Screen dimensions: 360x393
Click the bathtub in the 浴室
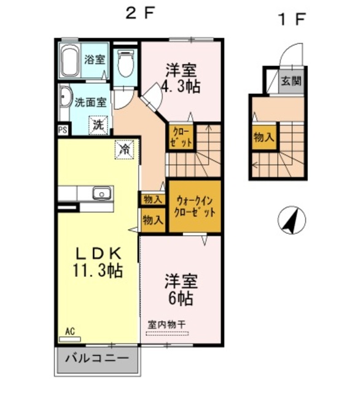pos(69,61)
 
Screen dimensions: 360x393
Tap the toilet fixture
pos(125,63)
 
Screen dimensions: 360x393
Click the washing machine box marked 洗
pos(99,125)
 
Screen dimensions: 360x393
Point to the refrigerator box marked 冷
pos(124,149)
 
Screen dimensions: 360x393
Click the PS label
pos(63,130)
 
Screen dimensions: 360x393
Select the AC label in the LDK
pos(70,332)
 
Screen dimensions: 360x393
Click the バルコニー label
pos(97,359)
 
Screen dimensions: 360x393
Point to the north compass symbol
pos(292,220)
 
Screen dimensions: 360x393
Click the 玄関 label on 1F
pos(291,81)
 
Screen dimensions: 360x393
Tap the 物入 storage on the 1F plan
pos(264,138)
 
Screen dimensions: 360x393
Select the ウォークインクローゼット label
pos(195,206)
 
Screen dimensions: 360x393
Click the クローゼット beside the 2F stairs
pos(181,137)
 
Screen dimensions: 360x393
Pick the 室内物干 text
pos(166,325)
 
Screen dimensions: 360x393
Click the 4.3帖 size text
pos(181,87)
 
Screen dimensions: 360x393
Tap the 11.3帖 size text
pos(98,270)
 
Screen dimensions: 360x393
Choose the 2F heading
pos(139,14)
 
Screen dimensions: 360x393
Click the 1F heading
pos(292,19)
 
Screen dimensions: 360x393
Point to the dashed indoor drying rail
pos(167,333)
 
